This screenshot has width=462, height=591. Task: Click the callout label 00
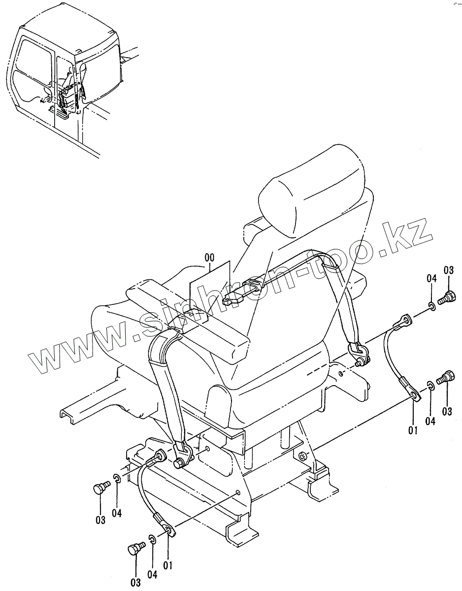click(x=209, y=257)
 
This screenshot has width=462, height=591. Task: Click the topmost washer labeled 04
click(x=432, y=307)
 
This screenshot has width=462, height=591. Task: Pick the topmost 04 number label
click(x=431, y=279)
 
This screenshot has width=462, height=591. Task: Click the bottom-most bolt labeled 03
click(x=135, y=548)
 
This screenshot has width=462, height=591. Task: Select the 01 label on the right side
click(x=413, y=430)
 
